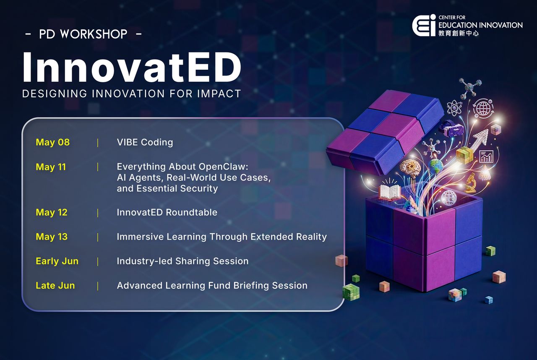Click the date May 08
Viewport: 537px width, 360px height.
(52, 142)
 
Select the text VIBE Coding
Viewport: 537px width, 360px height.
(145, 142)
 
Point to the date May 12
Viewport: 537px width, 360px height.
(51, 212)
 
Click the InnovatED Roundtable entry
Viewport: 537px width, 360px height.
(167, 212)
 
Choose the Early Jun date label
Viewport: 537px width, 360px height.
(57, 261)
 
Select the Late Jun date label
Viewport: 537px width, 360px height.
(55, 285)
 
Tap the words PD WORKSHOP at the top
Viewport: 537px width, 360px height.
(83, 34)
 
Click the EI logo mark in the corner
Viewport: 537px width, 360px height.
(424, 26)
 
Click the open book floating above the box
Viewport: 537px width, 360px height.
(390, 191)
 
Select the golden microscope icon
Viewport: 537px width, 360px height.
(471, 182)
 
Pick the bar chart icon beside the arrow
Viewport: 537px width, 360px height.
(486, 157)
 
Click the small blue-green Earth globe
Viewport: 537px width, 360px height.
(436, 165)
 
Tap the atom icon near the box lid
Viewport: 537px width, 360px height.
(454, 108)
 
